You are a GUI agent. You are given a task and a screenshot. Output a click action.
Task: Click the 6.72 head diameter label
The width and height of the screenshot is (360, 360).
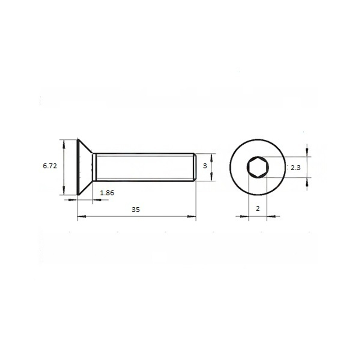tap(50, 166)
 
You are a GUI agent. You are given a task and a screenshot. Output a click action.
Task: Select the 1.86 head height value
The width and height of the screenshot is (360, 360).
tap(107, 193)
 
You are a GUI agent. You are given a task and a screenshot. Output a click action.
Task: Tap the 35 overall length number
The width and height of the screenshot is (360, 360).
tap(136, 210)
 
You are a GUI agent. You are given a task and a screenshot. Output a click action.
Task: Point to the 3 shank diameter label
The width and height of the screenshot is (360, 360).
tap(205, 166)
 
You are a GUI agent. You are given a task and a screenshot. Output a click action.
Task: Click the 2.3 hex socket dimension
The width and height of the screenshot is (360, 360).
tap(296, 168)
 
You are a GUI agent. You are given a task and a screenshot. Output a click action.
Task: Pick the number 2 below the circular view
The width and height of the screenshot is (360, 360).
tap(258, 208)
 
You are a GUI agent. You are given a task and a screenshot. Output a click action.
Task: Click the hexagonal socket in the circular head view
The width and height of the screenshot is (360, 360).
tap(258, 167)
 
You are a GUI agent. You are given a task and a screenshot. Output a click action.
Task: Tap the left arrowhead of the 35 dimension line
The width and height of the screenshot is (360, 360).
tap(81, 216)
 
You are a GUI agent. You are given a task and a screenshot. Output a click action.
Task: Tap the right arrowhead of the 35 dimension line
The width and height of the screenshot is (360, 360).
tap(192, 216)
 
